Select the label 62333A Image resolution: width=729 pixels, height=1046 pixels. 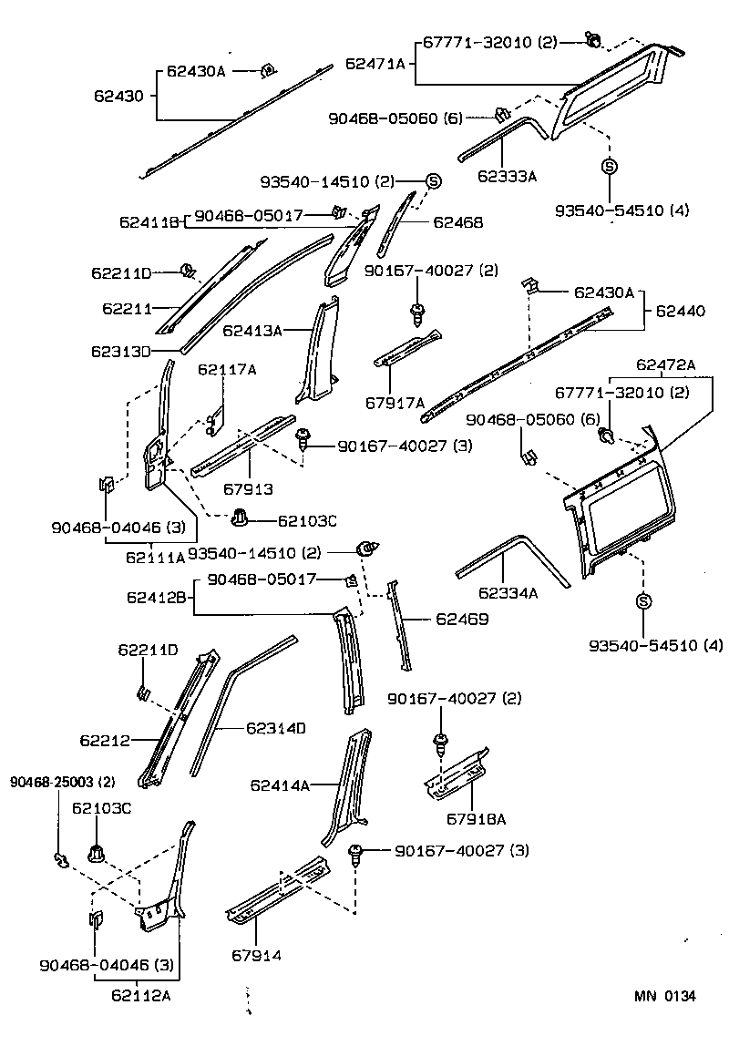click(507, 176)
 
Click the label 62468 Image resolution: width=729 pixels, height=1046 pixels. click(457, 222)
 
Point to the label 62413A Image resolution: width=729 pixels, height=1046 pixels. click(252, 331)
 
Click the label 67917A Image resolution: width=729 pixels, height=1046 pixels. click(395, 402)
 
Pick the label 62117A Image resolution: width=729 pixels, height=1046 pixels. click(227, 369)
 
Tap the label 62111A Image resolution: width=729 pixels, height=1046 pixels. click(155, 556)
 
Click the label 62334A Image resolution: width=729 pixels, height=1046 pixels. click(508, 593)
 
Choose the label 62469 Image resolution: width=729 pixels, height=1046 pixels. click(463, 619)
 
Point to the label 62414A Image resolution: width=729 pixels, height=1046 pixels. click(280, 784)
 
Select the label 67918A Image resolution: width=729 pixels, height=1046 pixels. click(476, 818)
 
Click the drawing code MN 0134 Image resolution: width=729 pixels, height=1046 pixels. click(665, 996)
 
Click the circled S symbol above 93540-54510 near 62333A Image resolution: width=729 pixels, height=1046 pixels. click(609, 167)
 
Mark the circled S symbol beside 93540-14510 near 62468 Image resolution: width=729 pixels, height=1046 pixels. click(434, 180)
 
